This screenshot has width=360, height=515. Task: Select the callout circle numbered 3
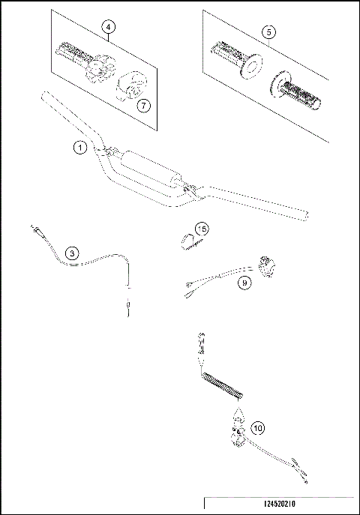point(71,253)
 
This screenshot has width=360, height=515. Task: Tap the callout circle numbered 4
point(109,28)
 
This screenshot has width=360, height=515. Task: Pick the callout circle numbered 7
point(144,105)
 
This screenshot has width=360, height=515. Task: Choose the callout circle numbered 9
point(244,283)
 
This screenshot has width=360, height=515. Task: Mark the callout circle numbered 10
point(257,428)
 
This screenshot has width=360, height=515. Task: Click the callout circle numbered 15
point(201,229)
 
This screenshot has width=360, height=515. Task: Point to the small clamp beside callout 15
point(186,240)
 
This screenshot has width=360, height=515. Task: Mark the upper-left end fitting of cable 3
point(34,230)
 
